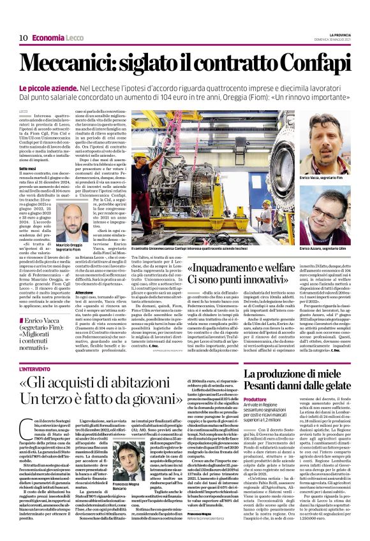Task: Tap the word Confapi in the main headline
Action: point(306,62)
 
